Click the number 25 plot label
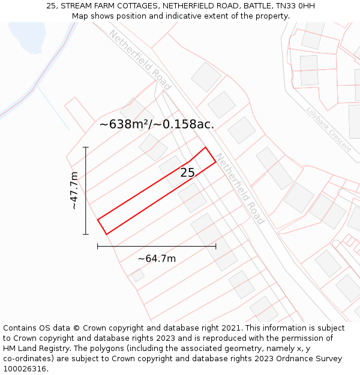click(x=187, y=173)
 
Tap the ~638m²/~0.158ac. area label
click(x=157, y=124)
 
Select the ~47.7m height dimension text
click(x=74, y=190)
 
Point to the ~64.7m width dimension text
click(x=157, y=259)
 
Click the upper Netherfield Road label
click(x=140, y=59)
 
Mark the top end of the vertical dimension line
click(x=86, y=147)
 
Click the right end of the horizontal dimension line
click(x=216, y=246)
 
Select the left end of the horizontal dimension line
click(x=98, y=246)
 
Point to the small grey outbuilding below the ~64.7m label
click(x=138, y=275)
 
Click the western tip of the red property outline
click(x=98, y=220)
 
